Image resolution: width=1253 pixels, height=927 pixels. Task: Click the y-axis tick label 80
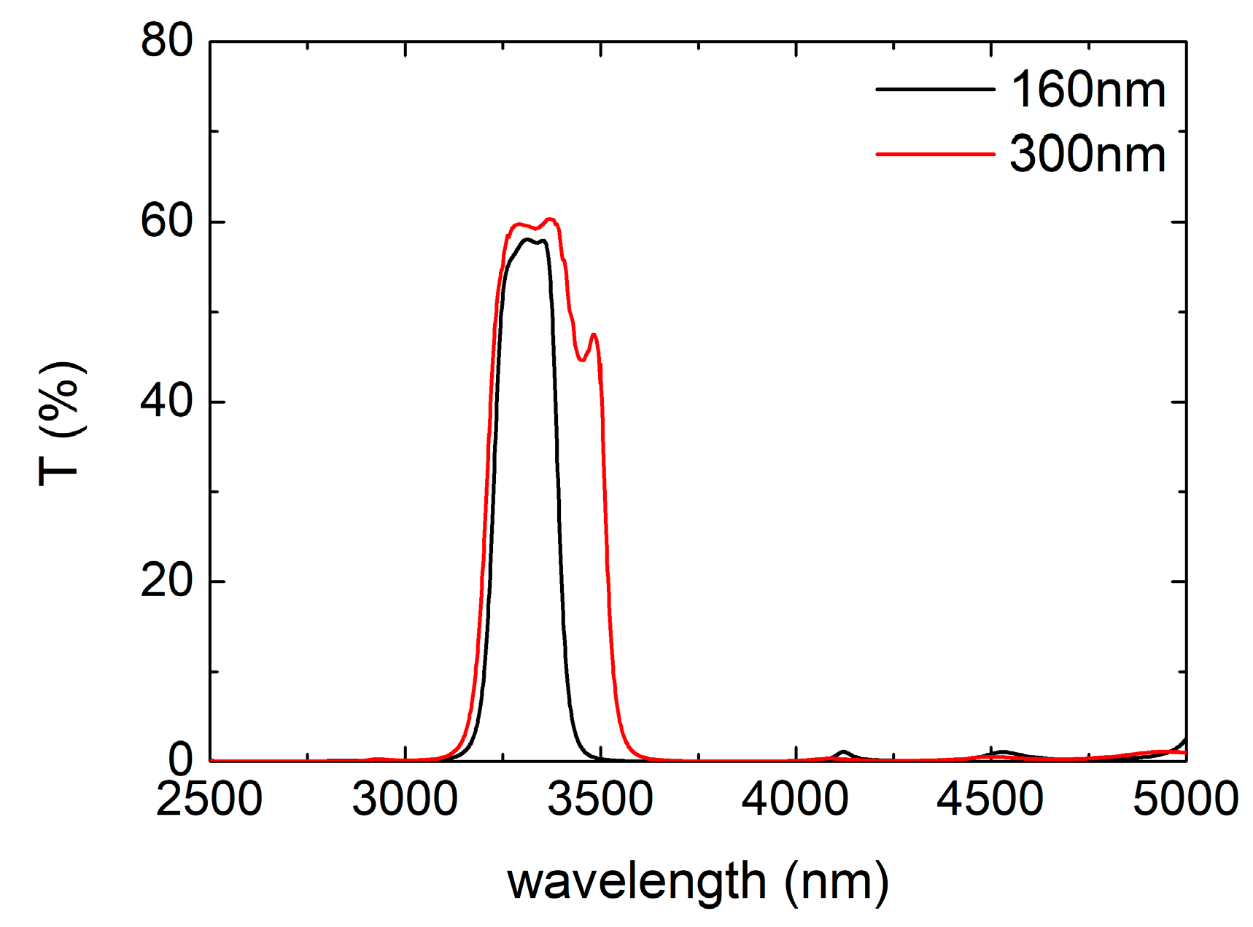coord(167,40)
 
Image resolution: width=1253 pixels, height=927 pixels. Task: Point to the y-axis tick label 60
coord(167,221)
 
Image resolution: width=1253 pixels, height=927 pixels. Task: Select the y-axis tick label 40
coord(167,401)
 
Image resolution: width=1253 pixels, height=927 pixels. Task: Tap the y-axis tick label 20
coord(167,581)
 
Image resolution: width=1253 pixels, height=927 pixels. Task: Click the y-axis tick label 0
coord(180,759)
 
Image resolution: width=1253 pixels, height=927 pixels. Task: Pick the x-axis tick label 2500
coord(209,799)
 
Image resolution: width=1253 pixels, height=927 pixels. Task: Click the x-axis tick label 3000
coord(405,799)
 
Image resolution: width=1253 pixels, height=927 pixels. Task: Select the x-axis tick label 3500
coord(600,799)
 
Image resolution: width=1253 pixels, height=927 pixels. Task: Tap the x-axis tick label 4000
coord(795,799)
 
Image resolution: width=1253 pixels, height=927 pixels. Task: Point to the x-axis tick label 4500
coord(990,799)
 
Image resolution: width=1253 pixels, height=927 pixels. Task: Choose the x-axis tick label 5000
coord(1185,799)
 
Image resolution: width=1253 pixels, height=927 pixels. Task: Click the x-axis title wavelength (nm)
coord(698,882)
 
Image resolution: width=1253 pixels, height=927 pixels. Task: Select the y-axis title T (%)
coord(61,423)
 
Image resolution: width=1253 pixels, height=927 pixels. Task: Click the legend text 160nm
coord(1087,90)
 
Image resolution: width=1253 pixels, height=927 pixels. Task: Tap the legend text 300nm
coord(1087,154)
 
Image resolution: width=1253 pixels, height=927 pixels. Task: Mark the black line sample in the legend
coord(935,89)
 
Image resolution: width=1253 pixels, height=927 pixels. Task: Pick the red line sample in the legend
coord(935,154)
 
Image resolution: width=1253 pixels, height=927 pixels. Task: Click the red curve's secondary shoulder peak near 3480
coord(594,335)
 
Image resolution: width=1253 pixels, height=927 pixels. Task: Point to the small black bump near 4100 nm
coord(844,751)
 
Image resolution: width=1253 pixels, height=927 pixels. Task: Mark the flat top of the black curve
coord(532,240)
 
